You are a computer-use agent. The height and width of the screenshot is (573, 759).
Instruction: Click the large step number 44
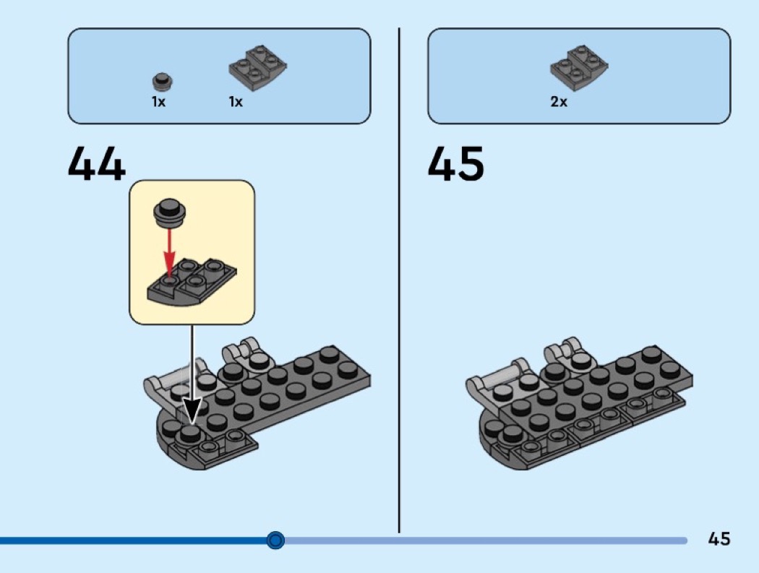(97, 163)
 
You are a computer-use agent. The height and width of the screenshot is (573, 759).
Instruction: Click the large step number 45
(456, 163)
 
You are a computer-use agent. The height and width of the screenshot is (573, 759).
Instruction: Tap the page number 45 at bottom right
(719, 538)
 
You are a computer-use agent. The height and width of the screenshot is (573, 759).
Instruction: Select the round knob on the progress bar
(275, 540)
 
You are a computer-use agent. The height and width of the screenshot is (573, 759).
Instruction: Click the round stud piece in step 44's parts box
(163, 82)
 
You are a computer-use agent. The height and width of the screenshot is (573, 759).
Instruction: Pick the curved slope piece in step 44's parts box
(257, 68)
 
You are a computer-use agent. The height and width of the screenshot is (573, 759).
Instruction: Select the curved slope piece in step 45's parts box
(579, 68)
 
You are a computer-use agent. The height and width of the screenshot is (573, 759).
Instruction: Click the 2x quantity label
(558, 102)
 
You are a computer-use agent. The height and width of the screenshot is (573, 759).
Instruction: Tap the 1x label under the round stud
(158, 102)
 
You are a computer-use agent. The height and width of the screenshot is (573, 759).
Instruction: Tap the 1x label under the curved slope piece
(236, 102)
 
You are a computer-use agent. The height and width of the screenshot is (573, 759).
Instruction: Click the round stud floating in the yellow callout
(170, 213)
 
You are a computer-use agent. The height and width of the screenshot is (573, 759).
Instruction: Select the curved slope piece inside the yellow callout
(192, 282)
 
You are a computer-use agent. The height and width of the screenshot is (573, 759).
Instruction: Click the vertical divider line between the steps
(399, 280)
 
